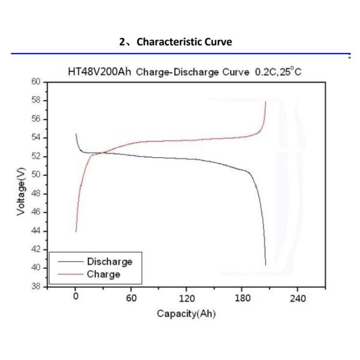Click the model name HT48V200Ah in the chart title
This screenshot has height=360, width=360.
100,72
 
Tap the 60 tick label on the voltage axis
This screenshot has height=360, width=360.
35,82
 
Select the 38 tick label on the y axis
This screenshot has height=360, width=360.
35,287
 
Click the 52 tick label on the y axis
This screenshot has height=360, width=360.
35,157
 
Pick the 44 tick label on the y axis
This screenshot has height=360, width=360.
35,231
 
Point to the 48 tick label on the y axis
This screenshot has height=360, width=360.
35,194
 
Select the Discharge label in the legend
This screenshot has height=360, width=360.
110,262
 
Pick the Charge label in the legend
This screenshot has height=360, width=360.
104,274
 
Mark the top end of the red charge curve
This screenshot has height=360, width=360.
265,102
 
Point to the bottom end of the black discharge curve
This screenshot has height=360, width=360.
265,265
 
